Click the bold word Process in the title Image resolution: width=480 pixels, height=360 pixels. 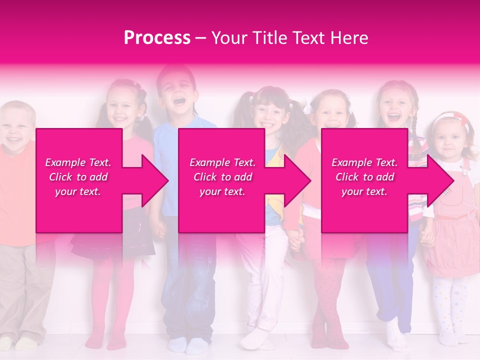157,38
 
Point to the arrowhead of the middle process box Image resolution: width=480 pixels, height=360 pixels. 296,180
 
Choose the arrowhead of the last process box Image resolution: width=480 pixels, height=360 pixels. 439,180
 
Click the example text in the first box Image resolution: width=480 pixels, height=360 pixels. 78,177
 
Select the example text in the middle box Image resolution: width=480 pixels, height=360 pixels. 222,177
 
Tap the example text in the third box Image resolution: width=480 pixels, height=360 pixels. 364,177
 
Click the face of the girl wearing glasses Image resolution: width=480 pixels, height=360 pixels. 268,115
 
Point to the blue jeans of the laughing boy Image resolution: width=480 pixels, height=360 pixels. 190,290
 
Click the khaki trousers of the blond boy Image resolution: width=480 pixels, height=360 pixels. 22,290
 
